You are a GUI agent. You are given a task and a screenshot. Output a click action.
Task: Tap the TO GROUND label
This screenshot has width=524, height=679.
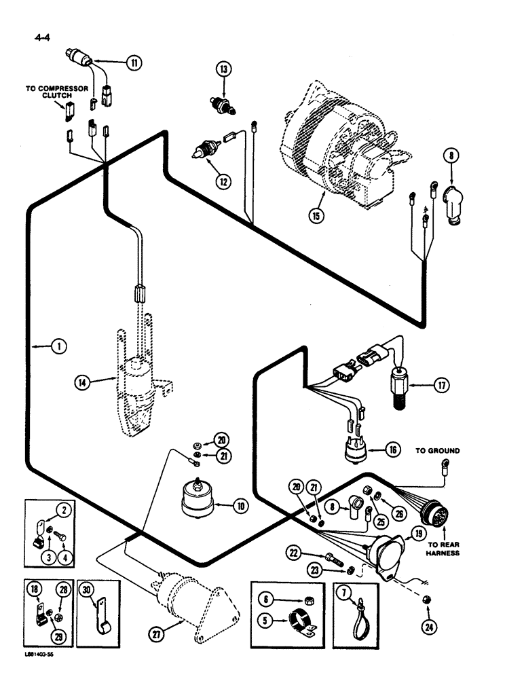(438, 450)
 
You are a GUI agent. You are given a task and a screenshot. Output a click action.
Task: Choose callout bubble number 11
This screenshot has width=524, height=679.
(134, 62)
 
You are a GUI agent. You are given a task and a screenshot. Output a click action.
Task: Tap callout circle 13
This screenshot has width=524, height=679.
(224, 69)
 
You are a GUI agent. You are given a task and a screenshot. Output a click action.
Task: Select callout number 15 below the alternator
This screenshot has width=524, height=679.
(316, 216)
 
